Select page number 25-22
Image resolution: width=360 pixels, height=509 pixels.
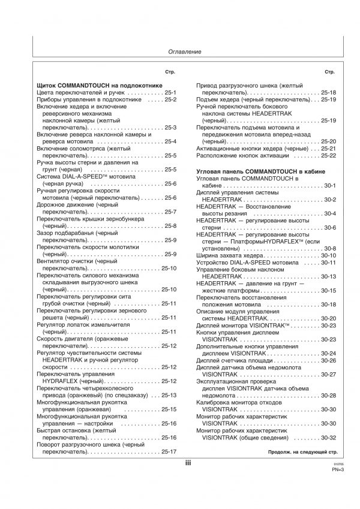[x=328, y=155]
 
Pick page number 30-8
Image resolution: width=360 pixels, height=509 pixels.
[x=329, y=248]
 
